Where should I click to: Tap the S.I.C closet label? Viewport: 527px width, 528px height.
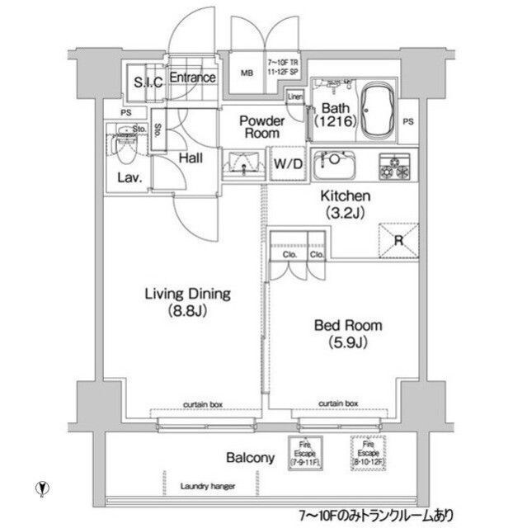click(148, 80)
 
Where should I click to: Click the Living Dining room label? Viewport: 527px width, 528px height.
click(188, 302)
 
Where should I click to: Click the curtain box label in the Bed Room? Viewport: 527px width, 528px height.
click(339, 403)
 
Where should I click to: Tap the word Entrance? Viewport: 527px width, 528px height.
click(193, 78)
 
